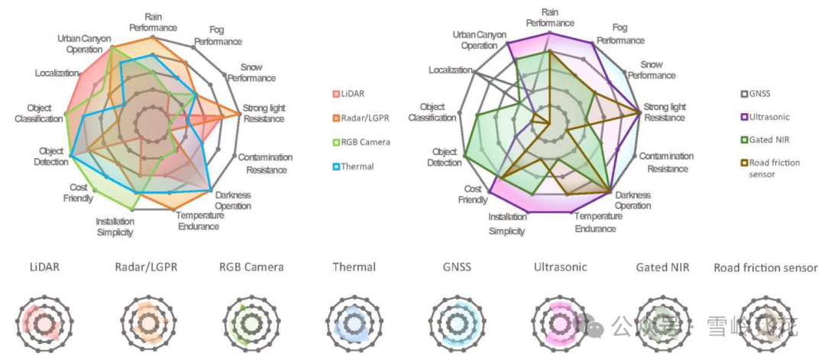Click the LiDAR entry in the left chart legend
pos(352,94)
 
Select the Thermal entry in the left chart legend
pos(357,166)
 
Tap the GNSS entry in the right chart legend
pos(759,94)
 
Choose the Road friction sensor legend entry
pos(773,168)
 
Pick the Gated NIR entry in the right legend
pos(768,140)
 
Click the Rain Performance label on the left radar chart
pos(153,22)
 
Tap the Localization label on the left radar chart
pos(57,73)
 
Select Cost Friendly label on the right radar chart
pos(473,194)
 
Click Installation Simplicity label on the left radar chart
pos(115,227)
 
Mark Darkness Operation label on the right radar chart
pos(633,200)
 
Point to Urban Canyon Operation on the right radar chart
pos(474,40)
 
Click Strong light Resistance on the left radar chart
pos(264,113)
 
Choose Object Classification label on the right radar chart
pos(432,112)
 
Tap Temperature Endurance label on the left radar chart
pos(200,221)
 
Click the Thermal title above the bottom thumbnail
pos(354,268)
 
